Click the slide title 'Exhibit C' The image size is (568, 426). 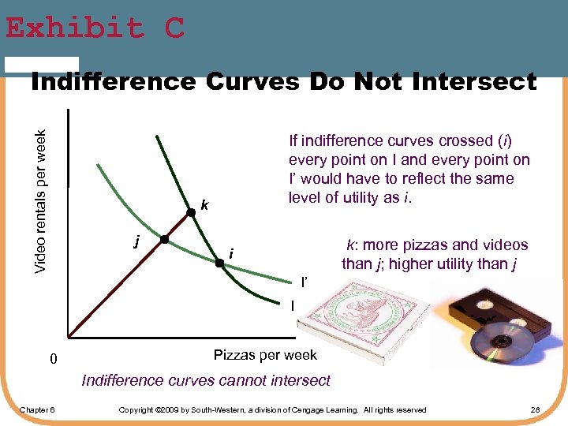tap(95, 28)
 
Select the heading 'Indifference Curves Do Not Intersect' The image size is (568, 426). tap(283, 81)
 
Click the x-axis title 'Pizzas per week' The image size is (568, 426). tap(265, 355)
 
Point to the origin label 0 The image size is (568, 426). tap(53, 360)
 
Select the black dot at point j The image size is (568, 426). tap(164, 239)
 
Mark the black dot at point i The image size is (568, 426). tap(220, 266)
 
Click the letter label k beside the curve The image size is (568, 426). tap(204, 206)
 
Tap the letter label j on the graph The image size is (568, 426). tap(136, 241)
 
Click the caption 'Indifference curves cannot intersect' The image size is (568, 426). tap(206, 381)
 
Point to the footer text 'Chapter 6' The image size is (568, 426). tap(36, 409)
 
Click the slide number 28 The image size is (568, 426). tap(535, 409)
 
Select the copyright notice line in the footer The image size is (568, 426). tap(271, 409)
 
